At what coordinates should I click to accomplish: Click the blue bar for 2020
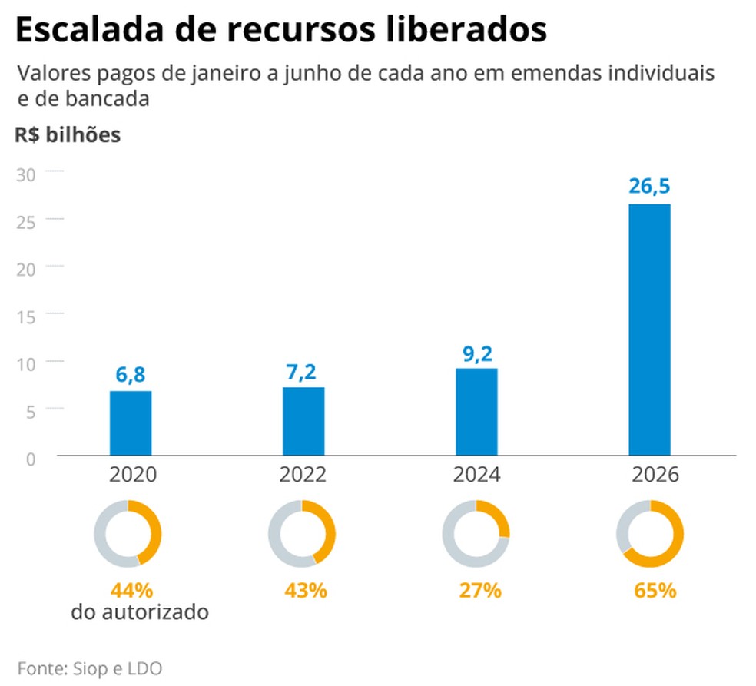pos(131,423)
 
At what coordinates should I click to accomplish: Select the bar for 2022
pos(303,422)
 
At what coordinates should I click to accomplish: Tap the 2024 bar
pos(476,413)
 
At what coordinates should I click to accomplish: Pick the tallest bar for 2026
pos(650,330)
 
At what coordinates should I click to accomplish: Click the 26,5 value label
pos(650,187)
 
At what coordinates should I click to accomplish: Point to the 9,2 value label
pos(476,353)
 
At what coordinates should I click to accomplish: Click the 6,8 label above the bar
pos(131,375)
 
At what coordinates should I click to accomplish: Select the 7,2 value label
pos(303,372)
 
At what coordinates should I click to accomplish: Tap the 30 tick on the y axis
pos(26,173)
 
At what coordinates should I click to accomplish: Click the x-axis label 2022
pos(303,475)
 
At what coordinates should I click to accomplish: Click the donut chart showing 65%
pos(650,534)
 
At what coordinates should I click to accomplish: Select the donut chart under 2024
pos(476,534)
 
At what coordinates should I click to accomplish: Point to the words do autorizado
pos(140,613)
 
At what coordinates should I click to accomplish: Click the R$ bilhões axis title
pos(67,135)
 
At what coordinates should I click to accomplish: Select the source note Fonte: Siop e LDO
pos(90,667)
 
